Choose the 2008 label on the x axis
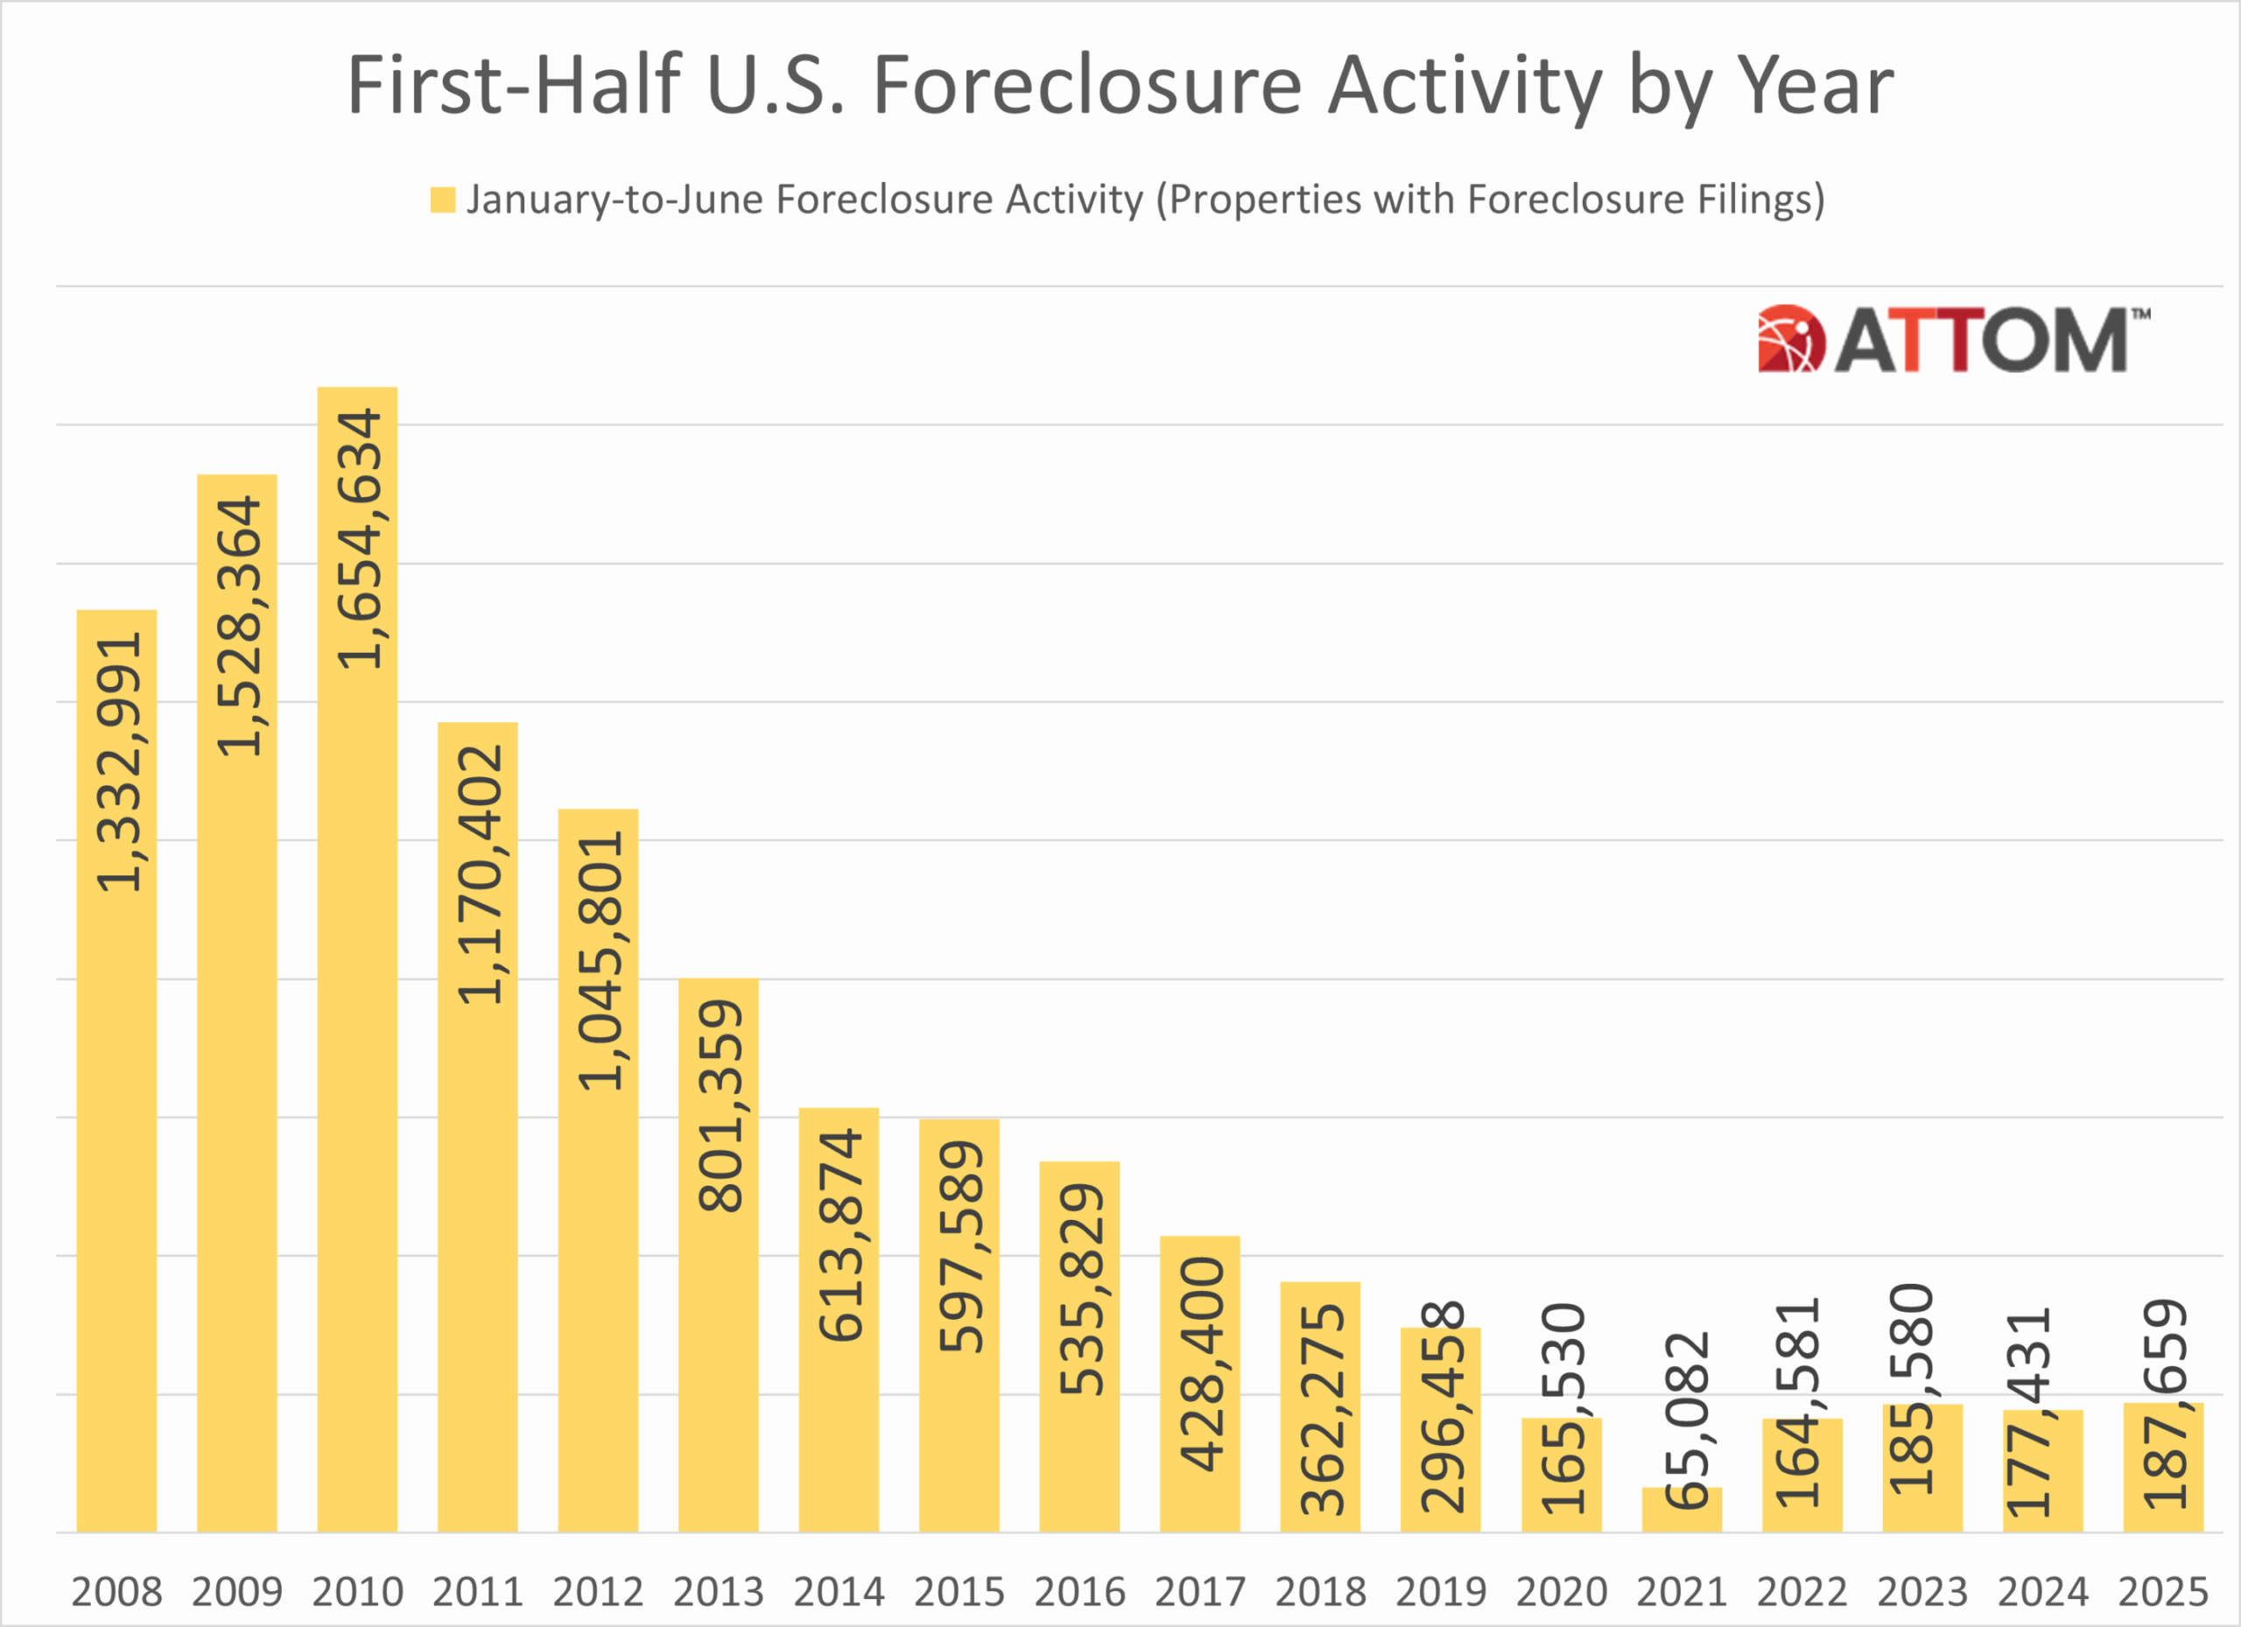[116, 1591]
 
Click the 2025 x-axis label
[2163, 1591]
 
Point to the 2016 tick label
[1079, 1591]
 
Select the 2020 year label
[1561, 1591]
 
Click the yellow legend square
[443, 200]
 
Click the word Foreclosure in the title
[1087, 86]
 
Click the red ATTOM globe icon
[1790, 339]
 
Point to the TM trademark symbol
[2141, 315]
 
